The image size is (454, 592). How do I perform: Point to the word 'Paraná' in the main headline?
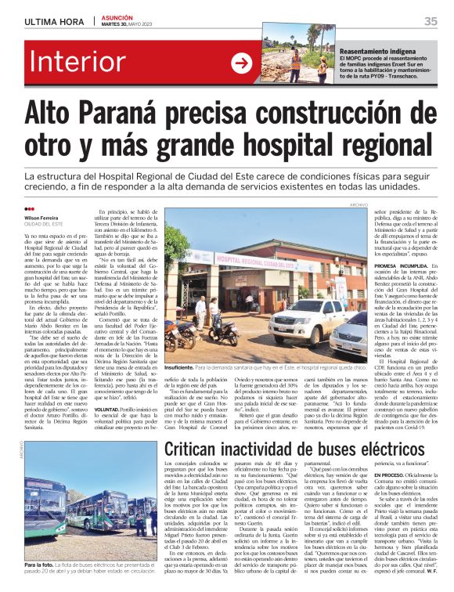click(x=144, y=115)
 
